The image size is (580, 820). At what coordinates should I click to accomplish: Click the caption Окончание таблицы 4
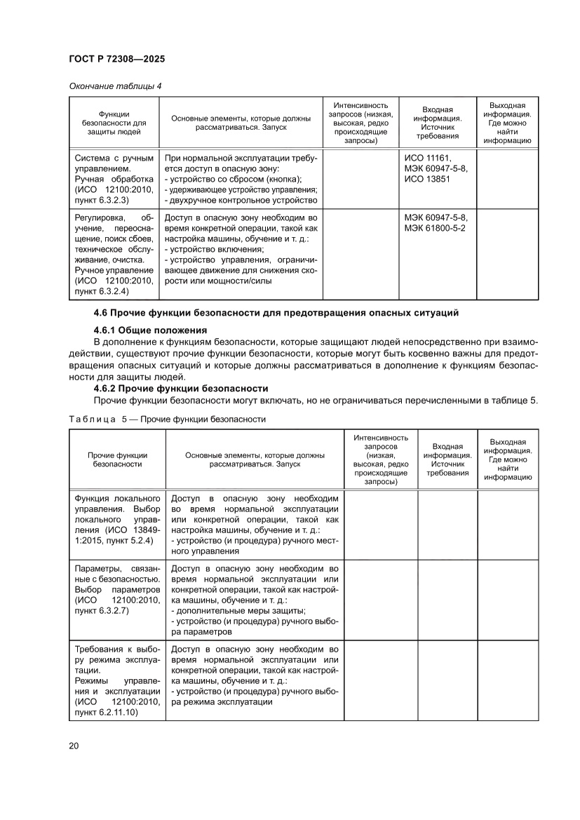pos(114,86)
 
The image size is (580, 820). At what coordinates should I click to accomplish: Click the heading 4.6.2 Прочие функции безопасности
pos(180,389)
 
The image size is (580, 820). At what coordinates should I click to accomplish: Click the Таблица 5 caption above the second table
pos(167,419)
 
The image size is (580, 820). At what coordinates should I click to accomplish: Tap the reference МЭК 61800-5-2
pos(439,228)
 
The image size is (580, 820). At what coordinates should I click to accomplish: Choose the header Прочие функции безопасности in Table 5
pos(117,459)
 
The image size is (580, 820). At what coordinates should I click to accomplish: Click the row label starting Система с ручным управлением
pos(114,163)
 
